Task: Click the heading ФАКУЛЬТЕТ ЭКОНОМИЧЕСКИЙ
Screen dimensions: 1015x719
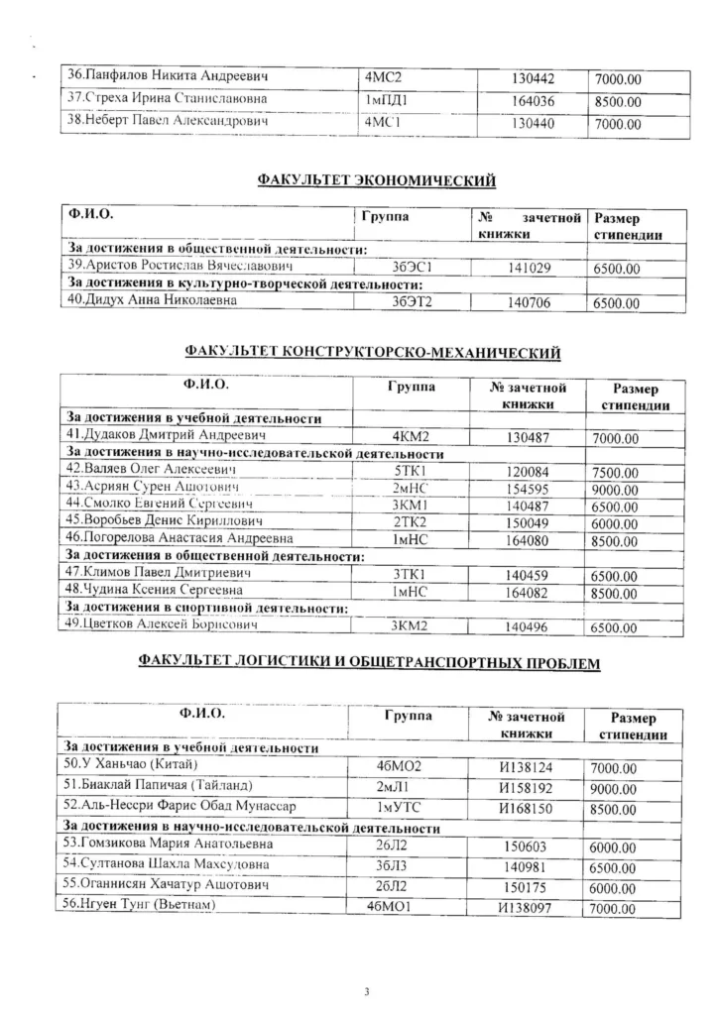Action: coord(376,179)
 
